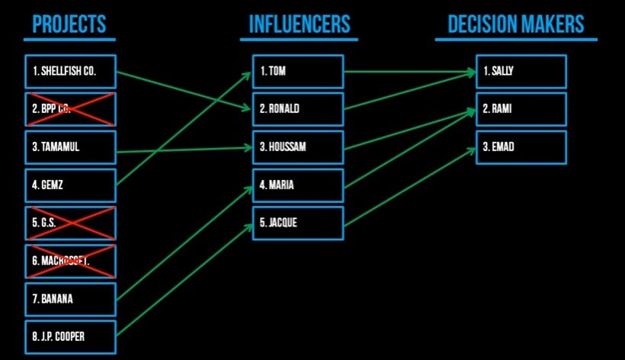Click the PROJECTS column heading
coord(69,25)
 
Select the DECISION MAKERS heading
coord(515,25)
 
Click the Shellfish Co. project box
coord(70,72)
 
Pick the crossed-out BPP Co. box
coord(70,109)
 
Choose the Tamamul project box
coord(70,147)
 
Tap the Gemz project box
coord(70,185)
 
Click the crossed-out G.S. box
coord(70,223)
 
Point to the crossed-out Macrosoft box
coord(70,262)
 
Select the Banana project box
coord(70,299)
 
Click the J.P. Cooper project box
coord(70,337)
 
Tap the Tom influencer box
coord(298,72)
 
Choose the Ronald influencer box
coord(298,109)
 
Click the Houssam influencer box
coord(298,147)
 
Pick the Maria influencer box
coord(298,185)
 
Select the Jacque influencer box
coord(298,223)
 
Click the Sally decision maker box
coord(521,72)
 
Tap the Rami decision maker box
coord(521,109)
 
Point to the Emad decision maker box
coord(521,147)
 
